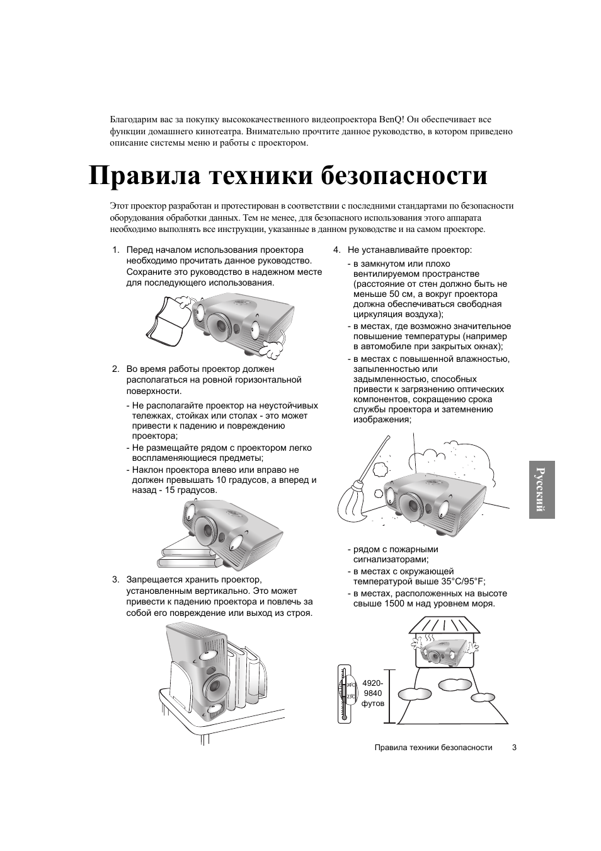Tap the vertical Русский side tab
pyautogui.click(x=541, y=489)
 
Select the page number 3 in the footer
pyautogui.click(x=514, y=747)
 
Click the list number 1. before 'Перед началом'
pyautogui.click(x=115, y=250)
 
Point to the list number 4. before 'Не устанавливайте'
pyautogui.click(x=337, y=250)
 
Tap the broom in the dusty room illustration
pyautogui.click(x=359, y=492)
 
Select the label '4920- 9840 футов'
pyautogui.click(x=372, y=693)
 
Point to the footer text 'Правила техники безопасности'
pyautogui.click(x=433, y=747)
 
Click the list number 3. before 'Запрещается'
pyautogui.click(x=115, y=579)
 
